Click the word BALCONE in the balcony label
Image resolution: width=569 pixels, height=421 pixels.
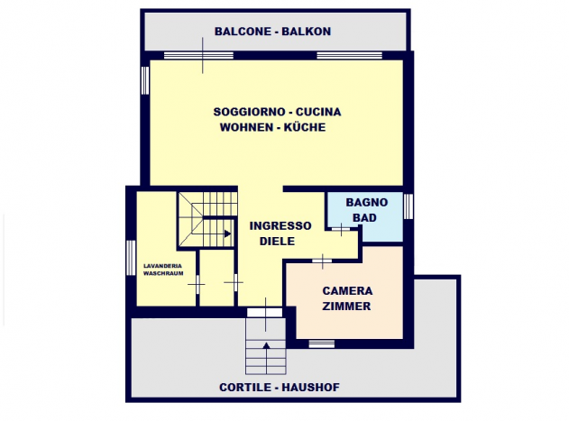(x=243, y=32)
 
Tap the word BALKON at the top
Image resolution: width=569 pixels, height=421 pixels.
(x=307, y=32)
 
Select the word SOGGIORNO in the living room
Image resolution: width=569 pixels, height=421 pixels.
(x=249, y=112)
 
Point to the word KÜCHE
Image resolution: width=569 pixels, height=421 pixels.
(x=305, y=127)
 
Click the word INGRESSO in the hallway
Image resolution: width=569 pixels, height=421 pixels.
(x=280, y=225)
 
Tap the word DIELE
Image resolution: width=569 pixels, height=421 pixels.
(x=277, y=242)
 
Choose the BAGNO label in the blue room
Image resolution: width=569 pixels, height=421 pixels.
(x=367, y=202)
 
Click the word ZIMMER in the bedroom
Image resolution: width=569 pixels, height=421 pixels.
(x=346, y=307)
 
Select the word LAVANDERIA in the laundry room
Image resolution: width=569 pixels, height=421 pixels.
(x=162, y=266)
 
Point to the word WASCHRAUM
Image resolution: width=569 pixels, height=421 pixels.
(x=163, y=273)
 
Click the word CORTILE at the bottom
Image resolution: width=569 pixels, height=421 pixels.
(x=245, y=388)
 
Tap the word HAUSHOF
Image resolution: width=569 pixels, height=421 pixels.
(x=310, y=388)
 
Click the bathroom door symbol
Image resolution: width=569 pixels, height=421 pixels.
(x=341, y=229)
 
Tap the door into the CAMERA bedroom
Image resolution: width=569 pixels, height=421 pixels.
(x=322, y=261)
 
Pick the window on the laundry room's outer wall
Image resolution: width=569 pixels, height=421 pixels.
(x=131, y=258)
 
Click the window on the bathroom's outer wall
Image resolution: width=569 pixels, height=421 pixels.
(x=408, y=206)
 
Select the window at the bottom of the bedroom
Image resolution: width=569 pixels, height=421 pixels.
(x=322, y=343)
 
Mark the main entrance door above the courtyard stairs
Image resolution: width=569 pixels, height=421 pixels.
(x=265, y=313)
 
